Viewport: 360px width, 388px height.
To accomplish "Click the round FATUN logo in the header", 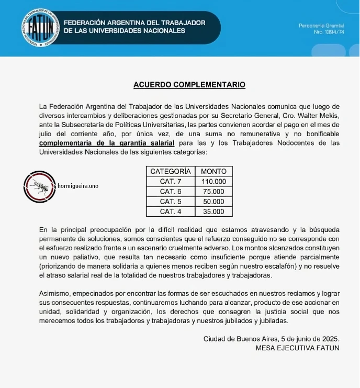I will click(40, 27).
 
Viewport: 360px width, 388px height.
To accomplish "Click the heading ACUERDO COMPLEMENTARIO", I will click(189, 84).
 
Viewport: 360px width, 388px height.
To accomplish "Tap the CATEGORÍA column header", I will click(171, 171).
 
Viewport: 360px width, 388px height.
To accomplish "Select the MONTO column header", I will click(213, 171).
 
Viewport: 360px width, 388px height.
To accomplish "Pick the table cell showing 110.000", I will click(213, 181).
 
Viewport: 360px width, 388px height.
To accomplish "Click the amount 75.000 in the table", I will click(213, 192).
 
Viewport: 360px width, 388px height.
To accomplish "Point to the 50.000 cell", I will click(213, 202).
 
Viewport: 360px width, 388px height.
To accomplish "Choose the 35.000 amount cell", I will click(213, 212).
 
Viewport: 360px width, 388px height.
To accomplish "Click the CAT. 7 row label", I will click(171, 181).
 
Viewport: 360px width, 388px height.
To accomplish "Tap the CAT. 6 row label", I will click(171, 192).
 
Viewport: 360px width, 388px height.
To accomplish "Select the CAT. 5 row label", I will click(171, 202).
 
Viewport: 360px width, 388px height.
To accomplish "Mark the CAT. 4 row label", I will click(171, 212).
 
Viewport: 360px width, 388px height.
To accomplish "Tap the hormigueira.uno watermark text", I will click(77, 186).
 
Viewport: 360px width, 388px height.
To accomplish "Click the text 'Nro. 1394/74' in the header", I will click(329, 32).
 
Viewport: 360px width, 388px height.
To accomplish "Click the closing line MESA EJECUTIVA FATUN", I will click(297, 348).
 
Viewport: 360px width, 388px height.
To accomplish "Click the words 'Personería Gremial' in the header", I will click(321, 26).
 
